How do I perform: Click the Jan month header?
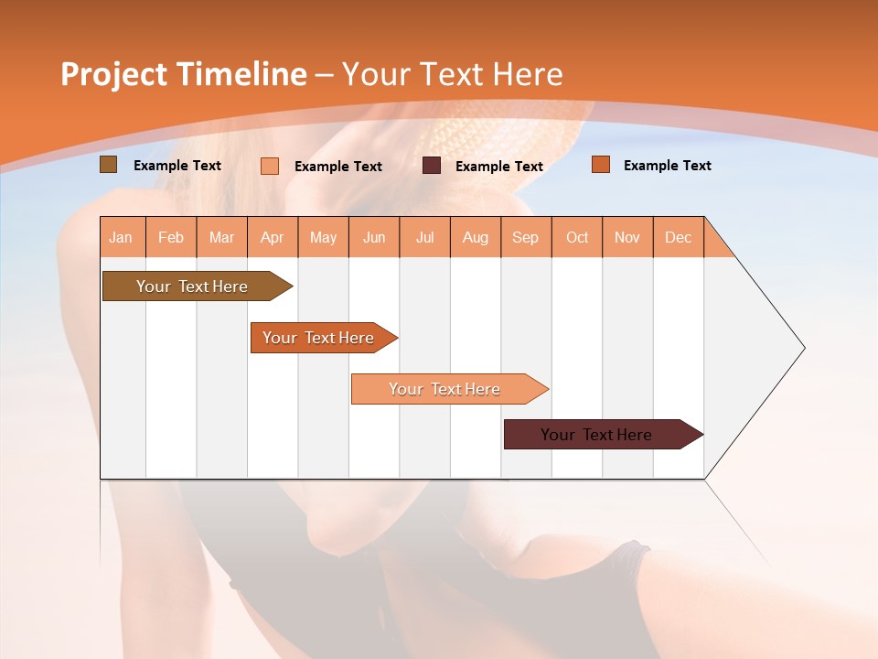(x=122, y=237)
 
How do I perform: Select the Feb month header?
(x=171, y=237)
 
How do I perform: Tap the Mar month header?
(x=221, y=237)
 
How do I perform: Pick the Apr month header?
(x=273, y=237)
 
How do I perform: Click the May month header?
(x=323, y=237)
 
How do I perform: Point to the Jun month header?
(x=374, y=237)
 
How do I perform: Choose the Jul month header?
(x=424, y=237)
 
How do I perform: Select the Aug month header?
(x=476, y=237)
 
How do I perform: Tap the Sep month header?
(x=526, y=237)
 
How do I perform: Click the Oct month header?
(x=577, y=237)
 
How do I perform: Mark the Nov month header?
(x=627, y=237)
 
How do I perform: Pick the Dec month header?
(x=679, y=237)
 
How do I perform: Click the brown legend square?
(x=108, y=165)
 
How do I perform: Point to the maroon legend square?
(x=432, y=166)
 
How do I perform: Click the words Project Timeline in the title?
(x=184, y=74)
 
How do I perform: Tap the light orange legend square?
(x=270, y=166)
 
